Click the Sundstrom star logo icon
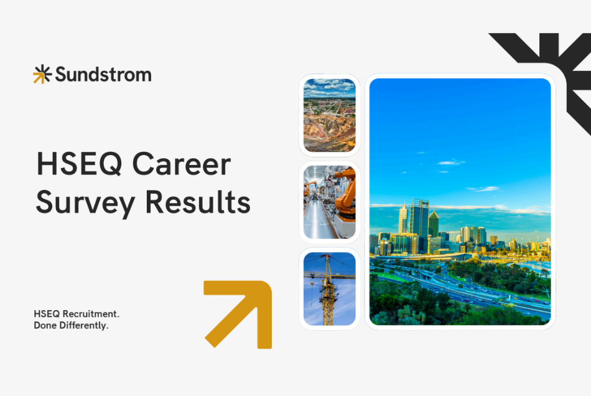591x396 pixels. pyautogui.click(x=42, y=74)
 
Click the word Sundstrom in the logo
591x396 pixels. pyautogui.click(x=103, y=75)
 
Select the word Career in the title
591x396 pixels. pyautogui.click(x=182, y=165)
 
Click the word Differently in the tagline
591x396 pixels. pyautogui.click(x=83, y=325)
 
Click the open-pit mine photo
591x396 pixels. pyautogui.click(x=329, y=115)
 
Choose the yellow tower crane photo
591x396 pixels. pyautogui.click(x=329, y=288)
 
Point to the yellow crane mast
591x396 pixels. pyautogui.click(x=326, y=299)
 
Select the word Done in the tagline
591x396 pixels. pyautogui.click(x=45, y=325)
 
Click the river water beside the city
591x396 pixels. pyautogui.click(x=535, y=266)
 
